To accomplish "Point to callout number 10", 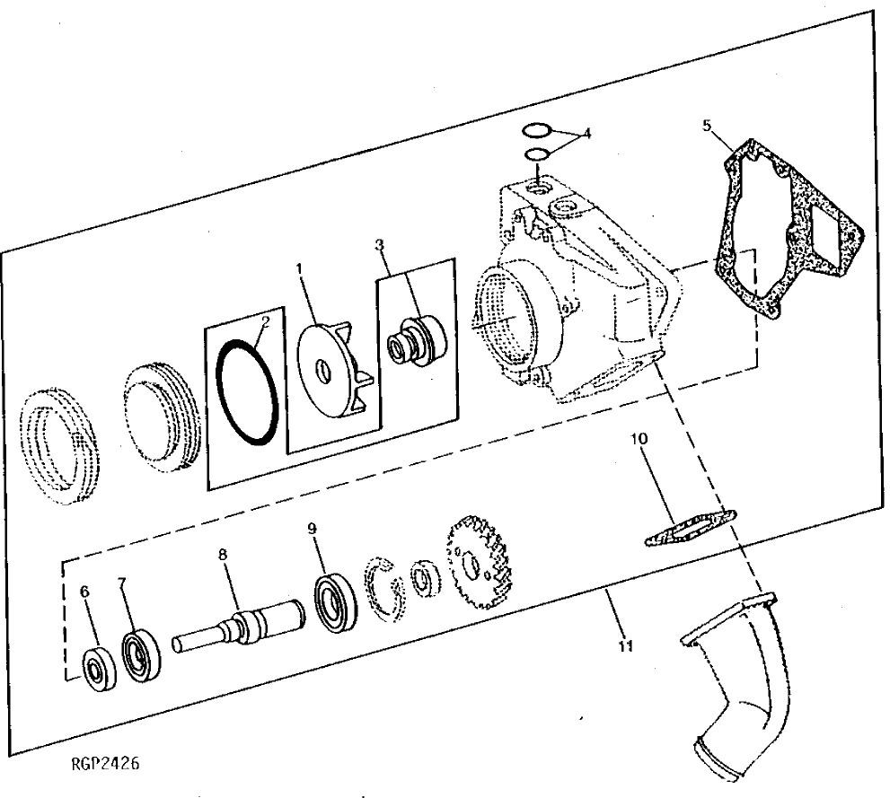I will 638,440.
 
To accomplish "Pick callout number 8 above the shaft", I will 224,556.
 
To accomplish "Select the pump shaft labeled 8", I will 239,625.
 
